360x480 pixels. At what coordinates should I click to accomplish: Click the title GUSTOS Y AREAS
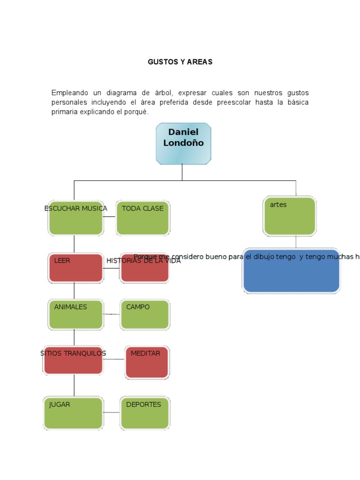point(180,62)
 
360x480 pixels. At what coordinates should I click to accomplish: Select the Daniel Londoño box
point(183,143)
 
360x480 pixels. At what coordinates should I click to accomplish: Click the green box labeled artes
point(290,216)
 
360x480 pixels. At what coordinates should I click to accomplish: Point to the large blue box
point(291,271)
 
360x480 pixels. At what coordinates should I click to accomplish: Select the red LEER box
point(75,268)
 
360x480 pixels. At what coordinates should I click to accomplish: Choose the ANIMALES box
point(75,315)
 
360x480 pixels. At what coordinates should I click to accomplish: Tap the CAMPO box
point(144,315)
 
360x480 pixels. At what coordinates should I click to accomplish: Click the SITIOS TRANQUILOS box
point(74,360)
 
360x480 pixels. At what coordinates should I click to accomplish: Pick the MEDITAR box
point(147,362)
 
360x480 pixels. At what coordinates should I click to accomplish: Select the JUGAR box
point(74,413)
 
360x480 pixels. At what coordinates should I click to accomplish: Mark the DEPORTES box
point(144,413)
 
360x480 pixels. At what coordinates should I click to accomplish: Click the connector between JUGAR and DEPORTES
point(112,412)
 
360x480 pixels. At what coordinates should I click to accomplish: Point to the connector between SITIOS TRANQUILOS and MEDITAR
point(114,359)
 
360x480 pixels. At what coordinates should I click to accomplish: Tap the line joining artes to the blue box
point(296,241)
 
